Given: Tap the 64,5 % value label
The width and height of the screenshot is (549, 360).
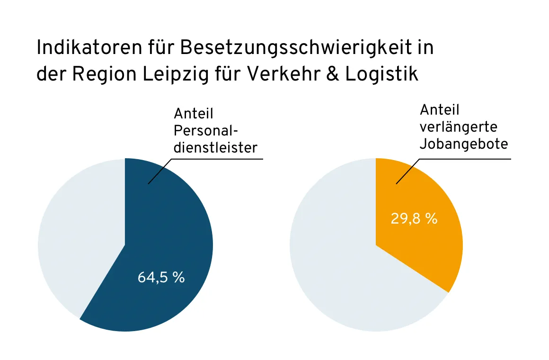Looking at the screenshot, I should pos(161,278).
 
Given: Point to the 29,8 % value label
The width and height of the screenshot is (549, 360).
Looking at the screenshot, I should pos(414,219).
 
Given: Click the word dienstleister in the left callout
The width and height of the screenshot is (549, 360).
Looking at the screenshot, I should pos(215,147).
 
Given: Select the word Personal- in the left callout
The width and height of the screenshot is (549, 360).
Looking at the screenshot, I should pos(205,130).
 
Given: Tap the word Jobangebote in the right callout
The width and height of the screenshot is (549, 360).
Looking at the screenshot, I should pos(464,144).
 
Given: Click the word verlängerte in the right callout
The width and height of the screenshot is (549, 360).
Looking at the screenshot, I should pos(458,127).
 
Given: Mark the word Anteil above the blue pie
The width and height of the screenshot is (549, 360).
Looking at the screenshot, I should pos(194,114).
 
